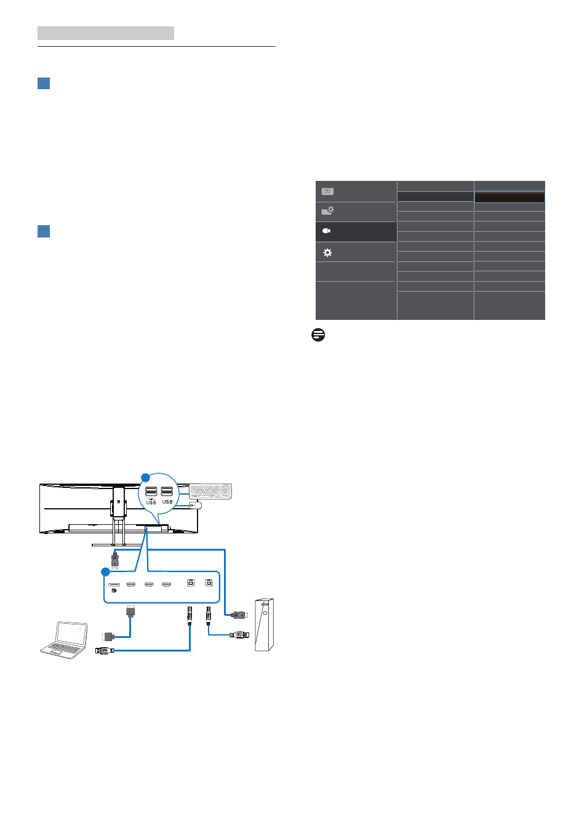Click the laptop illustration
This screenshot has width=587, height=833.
click(x=64, y=640)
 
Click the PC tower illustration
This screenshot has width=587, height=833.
click(x=264, y=625)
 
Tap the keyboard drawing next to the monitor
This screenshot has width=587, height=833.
click(x=210, y=491)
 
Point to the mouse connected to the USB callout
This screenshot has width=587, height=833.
click(x=195, y=505)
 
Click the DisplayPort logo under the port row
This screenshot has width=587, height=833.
click(x=114, y=591)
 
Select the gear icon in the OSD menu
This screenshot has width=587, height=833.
click(x=327, y=253)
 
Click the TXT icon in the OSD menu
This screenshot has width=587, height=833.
click(x=327, y=191)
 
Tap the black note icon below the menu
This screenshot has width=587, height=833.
click(x=318, y=335)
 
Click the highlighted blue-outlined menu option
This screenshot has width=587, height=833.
click(x=509, y=197)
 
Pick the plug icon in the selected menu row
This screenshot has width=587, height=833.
click(x=326, y=231)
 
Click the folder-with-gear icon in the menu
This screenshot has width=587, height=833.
click(x=327, y=211)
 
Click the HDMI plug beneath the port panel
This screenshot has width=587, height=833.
click(x=130, y=612)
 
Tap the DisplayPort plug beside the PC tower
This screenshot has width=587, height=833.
click(x=240, y=615)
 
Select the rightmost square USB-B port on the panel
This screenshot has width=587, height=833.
click(x=209, y=583)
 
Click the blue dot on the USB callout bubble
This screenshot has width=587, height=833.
click(x=145, y=477)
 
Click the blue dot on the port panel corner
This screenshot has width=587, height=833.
click(x=106, y=572)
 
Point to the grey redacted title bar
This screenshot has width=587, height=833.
click(x=106, y=33)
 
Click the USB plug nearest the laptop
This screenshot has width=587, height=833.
click(x=105, y=650)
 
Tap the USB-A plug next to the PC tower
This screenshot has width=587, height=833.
click(x=239, y=635)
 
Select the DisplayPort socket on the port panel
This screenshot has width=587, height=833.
click(x=114, y=584)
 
